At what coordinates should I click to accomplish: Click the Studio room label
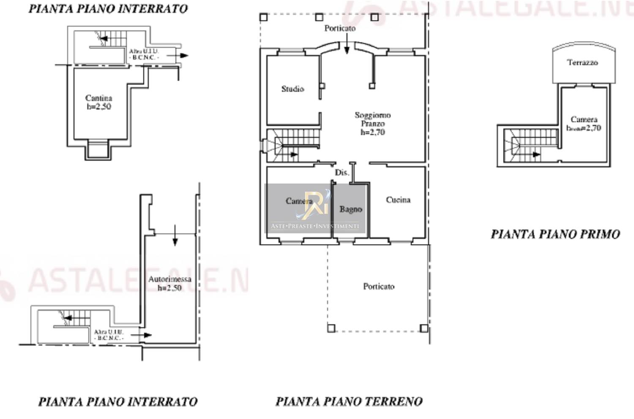tap(292, 89)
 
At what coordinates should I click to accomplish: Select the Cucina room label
tap(398, 200)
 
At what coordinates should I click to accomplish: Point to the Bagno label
tap(350, 209)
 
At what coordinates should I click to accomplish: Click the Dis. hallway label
tap(342, 173)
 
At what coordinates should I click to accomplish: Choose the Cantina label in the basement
tap(99, 99)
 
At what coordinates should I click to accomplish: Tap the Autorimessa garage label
tap(169, 279)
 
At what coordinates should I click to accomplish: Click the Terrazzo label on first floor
tap(582, 63)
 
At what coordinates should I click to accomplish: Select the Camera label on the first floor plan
tap(584, 120)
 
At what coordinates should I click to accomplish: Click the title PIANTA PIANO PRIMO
tap(555, 234)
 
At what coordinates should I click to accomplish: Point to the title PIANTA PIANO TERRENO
tap(349, 401)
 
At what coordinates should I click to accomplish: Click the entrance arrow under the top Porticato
tap(347, 45)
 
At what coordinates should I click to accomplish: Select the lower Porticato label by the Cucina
tap(379, 287)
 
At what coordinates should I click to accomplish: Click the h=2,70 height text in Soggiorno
tap(372, 132)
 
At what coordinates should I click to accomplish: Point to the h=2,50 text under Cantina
tap(99, 107)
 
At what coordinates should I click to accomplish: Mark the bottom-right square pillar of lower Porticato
tap(424, 328)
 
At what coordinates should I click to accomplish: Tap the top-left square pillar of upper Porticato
tap(263, 17)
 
